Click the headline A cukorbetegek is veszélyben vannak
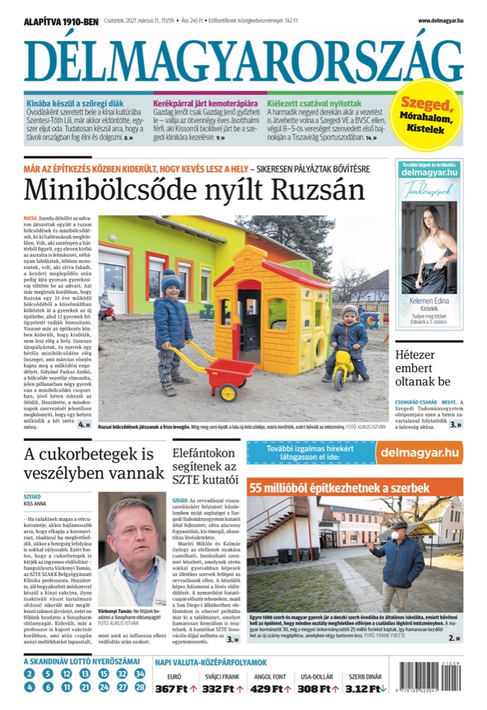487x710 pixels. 88,465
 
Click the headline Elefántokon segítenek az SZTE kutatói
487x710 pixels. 203,464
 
